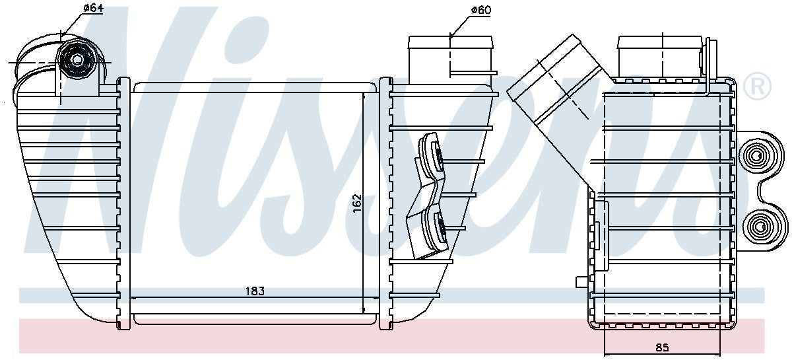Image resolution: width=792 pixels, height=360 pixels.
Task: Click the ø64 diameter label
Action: coord(93,8)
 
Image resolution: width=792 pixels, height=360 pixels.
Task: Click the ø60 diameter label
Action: coord(481,10)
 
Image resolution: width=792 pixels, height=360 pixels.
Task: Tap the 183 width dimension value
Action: coord(255,291)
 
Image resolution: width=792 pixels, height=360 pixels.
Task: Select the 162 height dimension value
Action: coord(358,203)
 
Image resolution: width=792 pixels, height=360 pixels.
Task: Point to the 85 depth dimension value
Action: coord(662,347)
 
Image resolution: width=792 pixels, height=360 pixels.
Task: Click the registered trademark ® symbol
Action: coord(758,86)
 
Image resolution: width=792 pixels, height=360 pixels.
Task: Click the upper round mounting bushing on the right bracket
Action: coord(756,156)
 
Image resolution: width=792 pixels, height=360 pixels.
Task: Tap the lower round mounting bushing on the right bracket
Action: coord(756,225)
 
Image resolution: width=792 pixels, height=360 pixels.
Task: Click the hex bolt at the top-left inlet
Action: coord(77,59)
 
